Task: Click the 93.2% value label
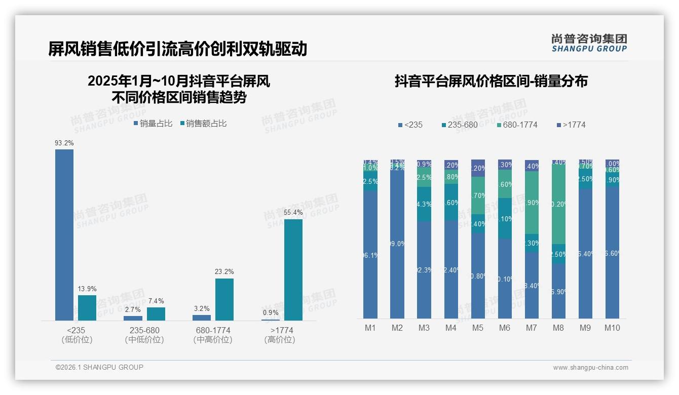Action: coord(64,143)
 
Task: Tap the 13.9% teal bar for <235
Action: coord(87,308)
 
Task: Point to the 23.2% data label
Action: coord(224,272)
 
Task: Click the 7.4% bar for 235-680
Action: coord(156,314)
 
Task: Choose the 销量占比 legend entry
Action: coord(153,123)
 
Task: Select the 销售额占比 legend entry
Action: coord(204,123)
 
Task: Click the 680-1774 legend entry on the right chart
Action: coord(517,125)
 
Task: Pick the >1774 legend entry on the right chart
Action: coord(571,125)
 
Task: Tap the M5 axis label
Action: coord(478,328)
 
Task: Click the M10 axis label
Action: coord(612,328)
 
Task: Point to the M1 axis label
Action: coord(370,328)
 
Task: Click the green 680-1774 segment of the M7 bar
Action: coord(532,203)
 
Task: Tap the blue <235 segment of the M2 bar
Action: coord(397,243)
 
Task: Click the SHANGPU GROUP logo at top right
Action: coord(589,43)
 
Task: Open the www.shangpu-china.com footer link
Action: coord(590,368)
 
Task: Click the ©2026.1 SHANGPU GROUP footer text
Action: coord(100,367)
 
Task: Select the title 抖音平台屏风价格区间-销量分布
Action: coord(491,82)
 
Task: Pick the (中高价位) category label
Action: coord(213,340)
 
